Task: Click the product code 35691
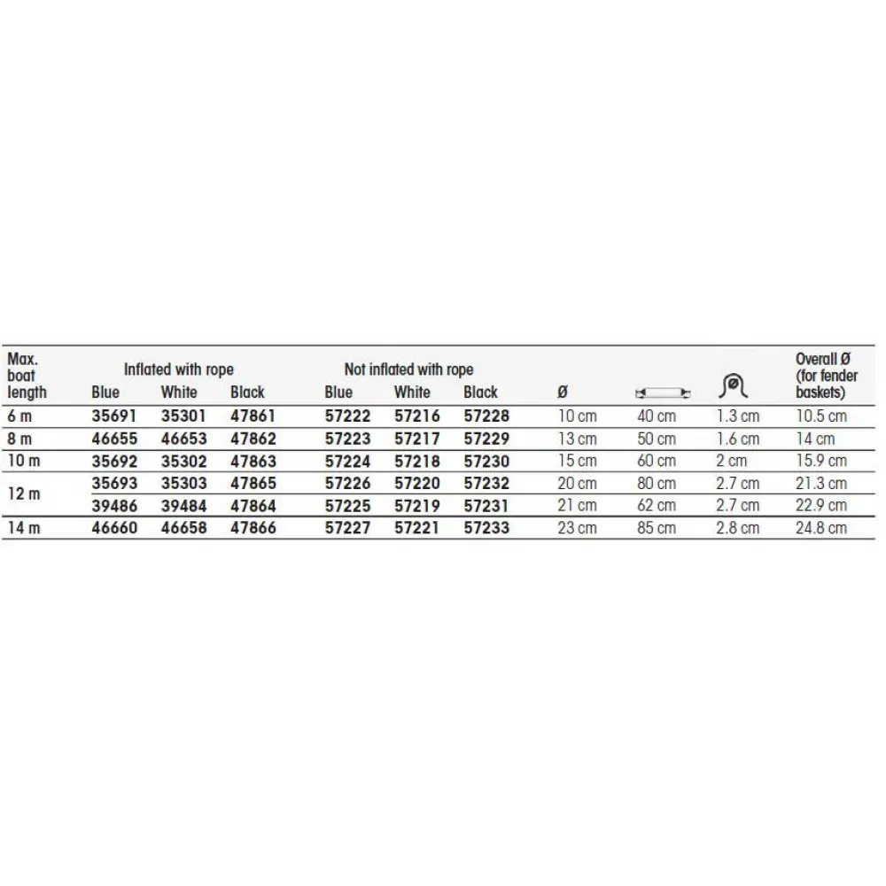(115, 416)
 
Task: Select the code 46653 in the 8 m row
(183, 439)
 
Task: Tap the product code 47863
(253, 461)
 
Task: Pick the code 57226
(348, 484)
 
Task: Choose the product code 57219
(416, 506)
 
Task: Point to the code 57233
(486, 528)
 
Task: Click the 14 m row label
(23, 528)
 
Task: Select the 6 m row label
(19, 416)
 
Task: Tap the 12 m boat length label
(23, 494)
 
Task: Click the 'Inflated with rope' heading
(179, 369)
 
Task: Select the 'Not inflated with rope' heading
(408, 369)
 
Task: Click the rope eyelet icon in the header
(734, 385)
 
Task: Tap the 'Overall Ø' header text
(822, 360)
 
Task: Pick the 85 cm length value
(657, 528)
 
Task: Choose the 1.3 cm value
(738, 416)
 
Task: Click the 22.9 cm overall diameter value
(821, 506)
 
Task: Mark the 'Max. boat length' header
(27, 376)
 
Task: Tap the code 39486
(115, 506)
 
